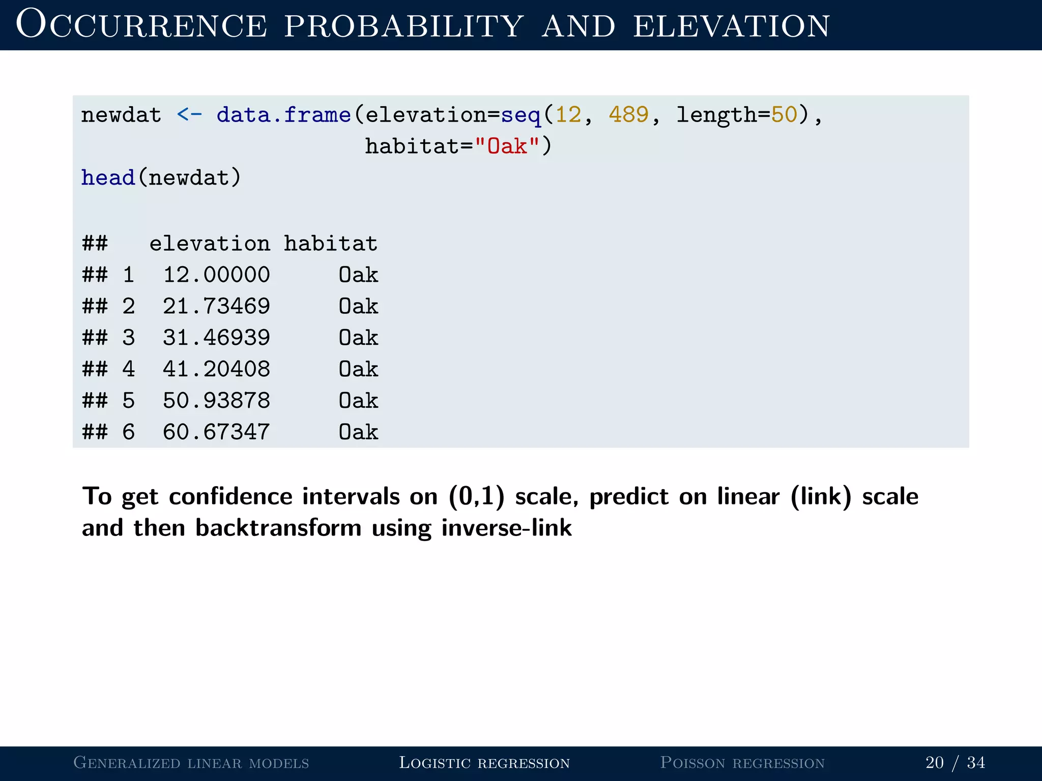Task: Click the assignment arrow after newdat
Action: tap(189, 115)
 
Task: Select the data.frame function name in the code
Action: tap(283, 115)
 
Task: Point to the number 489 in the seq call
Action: tap(629, 115)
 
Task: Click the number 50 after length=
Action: tap(784, 115)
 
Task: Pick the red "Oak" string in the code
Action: tap(507, 146)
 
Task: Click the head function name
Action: tap(108, 178)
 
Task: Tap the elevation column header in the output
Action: tap(210, 244)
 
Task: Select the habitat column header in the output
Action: tap(331, 244)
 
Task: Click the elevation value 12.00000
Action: tap(216, 275)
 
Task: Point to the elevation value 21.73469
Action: tap(216, 307)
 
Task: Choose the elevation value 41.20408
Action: tap(216, 369)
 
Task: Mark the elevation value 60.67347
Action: tap(216, 432)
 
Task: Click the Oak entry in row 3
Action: tap(358, 338)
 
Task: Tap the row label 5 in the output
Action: tap(129, 401)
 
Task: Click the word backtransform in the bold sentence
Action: tap(278, 528)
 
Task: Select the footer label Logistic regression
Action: tap(484, 763)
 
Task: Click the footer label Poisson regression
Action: tap(742, 763)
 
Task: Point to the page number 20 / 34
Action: tap(955, 763)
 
